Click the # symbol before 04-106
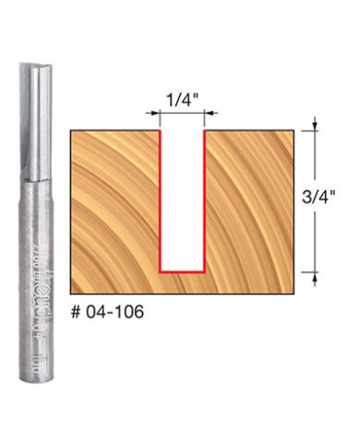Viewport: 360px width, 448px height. coord(78,312)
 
